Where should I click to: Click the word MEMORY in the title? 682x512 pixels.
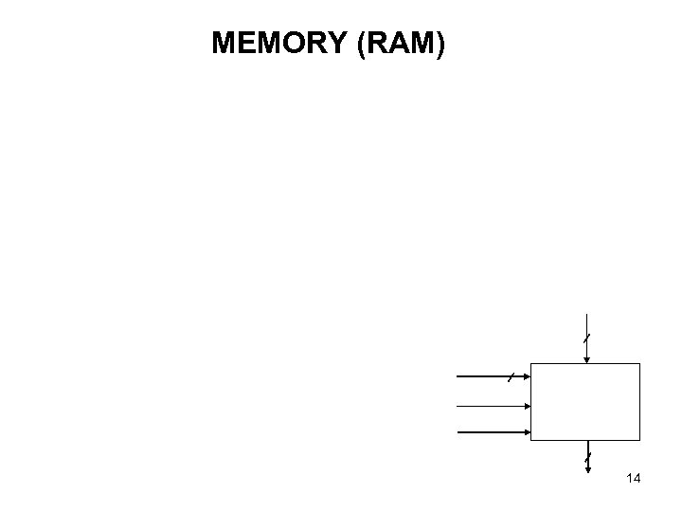tap(280, 44)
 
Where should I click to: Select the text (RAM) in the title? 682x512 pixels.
tap(401, 44)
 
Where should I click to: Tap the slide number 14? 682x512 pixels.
tap(634, 479)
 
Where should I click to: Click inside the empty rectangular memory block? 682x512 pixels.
tap(585, 402)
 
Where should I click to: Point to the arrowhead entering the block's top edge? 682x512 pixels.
tap(587, 358)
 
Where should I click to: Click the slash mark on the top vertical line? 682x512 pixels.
tap(587, 338)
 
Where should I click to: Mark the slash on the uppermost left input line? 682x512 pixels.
tap(510, 377)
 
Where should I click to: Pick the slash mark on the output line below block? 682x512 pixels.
tap(587, 461)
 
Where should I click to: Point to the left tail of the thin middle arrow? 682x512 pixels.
tap(458, 405)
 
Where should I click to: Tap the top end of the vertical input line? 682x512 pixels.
tap(587, 314)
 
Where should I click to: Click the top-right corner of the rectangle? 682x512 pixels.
tap(640, 364)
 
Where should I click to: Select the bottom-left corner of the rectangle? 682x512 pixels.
tap(531, 441)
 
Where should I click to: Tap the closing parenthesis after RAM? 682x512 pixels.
tap(439, 44)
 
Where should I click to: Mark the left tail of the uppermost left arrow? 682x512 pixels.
tap(458, 377)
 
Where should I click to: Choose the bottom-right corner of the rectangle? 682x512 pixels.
tap(640, 441)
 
